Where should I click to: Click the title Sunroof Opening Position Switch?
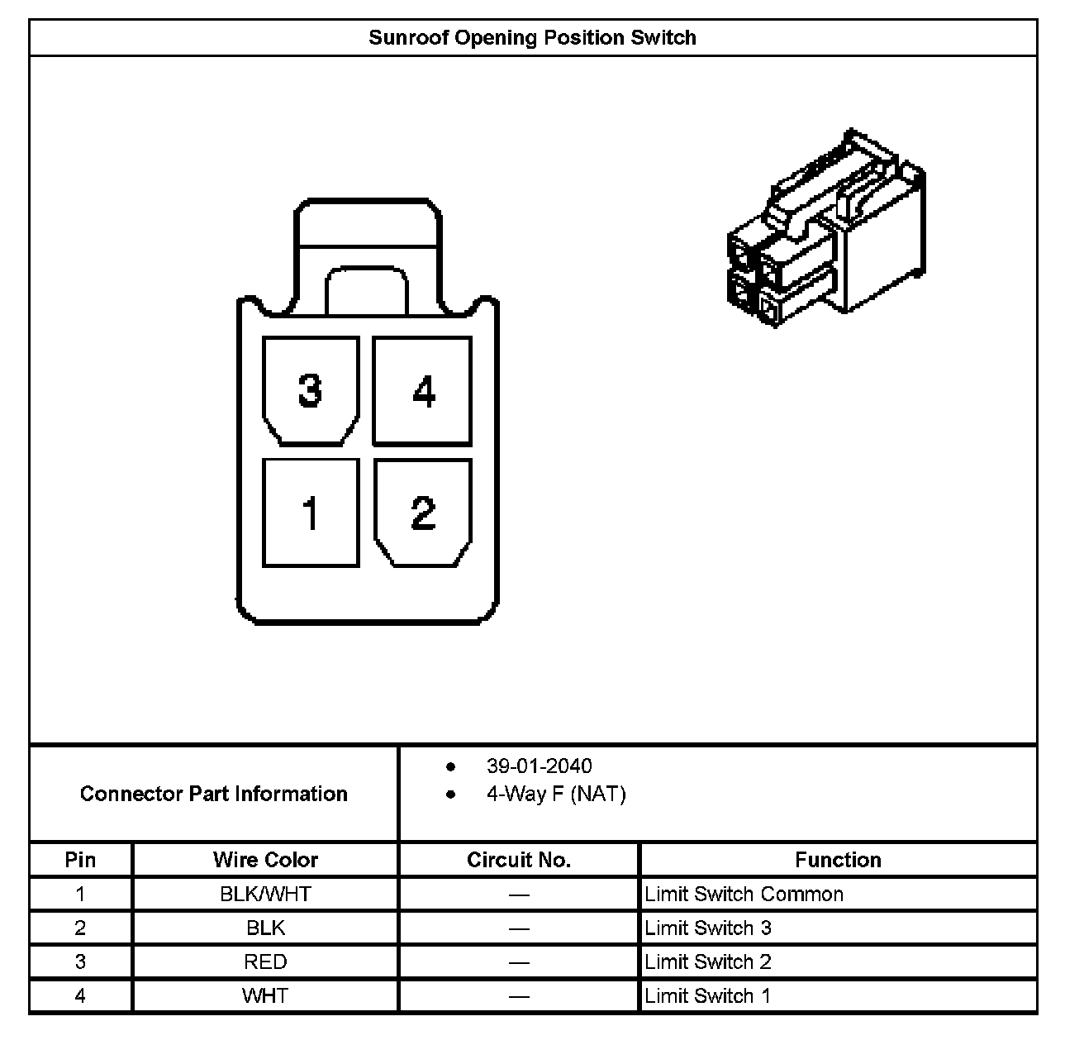click(532, 38)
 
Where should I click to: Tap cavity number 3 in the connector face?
click(310, 391)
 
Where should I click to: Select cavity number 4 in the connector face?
click(422, 391)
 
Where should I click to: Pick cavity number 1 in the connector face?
click(311, 513)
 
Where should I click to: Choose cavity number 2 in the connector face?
click(422, 513)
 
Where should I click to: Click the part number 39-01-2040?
click(539, 766)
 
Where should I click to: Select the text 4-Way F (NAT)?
click(555, 794)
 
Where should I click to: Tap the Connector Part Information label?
click(213, 794)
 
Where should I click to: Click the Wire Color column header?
click(265, 860)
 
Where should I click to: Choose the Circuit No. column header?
click(519, 860)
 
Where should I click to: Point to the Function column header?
click(838, 860)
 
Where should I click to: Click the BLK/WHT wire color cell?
click(265, 894)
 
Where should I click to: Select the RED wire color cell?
click(265, 961)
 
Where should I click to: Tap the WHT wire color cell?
click(265, 995)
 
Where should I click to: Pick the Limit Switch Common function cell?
click(744, 894)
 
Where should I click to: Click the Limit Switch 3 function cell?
click(708, 928)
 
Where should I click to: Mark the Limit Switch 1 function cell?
click(708, 995)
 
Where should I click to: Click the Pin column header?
click(80, 860)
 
